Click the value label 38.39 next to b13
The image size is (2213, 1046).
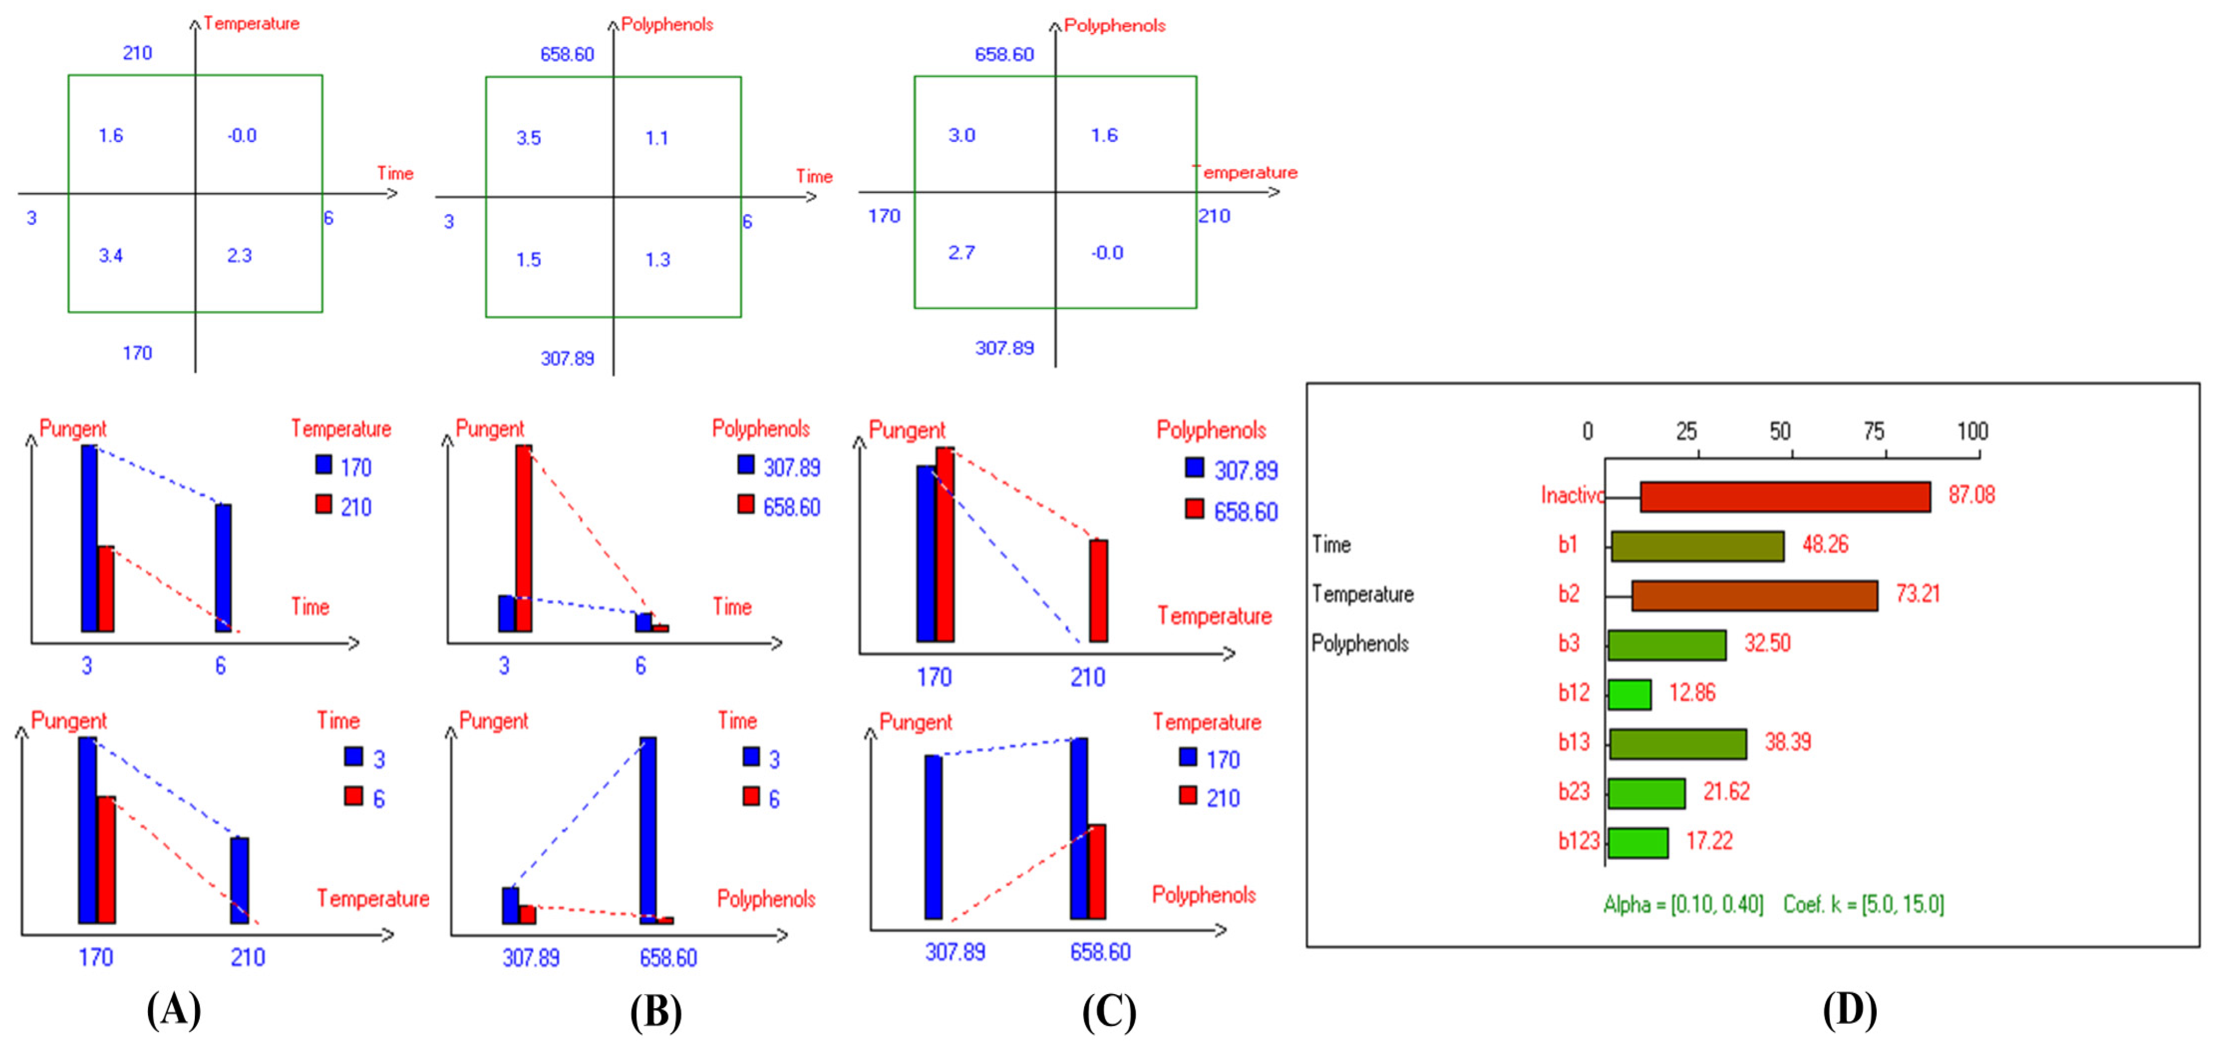pyautogui.click(x=1787, y=742)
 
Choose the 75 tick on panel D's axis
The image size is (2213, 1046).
pyautogui.click(x=1874, y=431)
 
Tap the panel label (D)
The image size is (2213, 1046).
pyautogui.click(x=1850, y=1010)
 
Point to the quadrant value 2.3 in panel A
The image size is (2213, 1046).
pyautogui.click(x=239, y=255)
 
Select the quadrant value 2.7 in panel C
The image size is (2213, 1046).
pyautogui.click(x=962, y=252)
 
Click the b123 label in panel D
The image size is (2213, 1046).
pyautogui.click(x=1578, y=841)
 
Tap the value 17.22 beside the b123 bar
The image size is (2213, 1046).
pyautogui.click(x=1709, y=841)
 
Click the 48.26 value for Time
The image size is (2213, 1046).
pyautogui.click(x=1825, y=544)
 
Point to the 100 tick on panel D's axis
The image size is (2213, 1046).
pyautogui.click(x=1971, y=431)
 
